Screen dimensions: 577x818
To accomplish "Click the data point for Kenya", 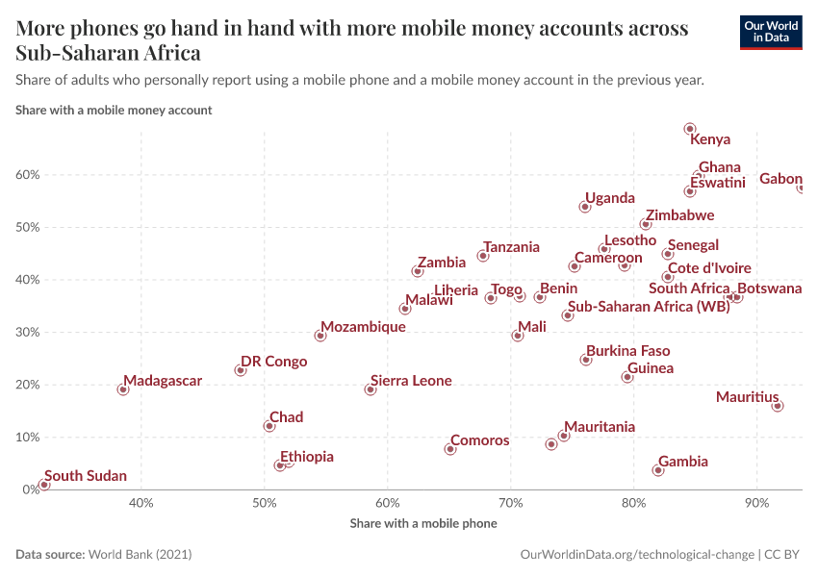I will [690, 129].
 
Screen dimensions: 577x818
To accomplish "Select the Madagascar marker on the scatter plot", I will [123, 389].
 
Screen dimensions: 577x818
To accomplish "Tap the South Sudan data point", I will [43, 485].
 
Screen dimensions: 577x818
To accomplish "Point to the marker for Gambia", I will [658, 470].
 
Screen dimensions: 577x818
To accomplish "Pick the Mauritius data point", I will [778, 406].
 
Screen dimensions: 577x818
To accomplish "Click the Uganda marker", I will [585, 207].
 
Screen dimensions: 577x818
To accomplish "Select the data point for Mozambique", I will [320, 336].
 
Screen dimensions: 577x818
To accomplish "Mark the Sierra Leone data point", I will [371, 389].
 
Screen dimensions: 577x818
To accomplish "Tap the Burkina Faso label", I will [627, 351].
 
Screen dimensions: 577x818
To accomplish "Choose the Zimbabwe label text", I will [679, 215].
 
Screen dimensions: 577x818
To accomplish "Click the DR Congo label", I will [273, 362].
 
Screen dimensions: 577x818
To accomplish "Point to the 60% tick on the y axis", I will [26, 175].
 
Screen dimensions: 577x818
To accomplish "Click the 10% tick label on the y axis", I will [26, 438].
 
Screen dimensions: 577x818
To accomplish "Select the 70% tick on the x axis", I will [511, 503].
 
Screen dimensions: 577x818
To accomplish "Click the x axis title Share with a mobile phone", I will [423, 523].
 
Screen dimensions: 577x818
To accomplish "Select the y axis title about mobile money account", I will [114, 110].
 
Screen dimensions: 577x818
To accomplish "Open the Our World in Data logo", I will [770, 31].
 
